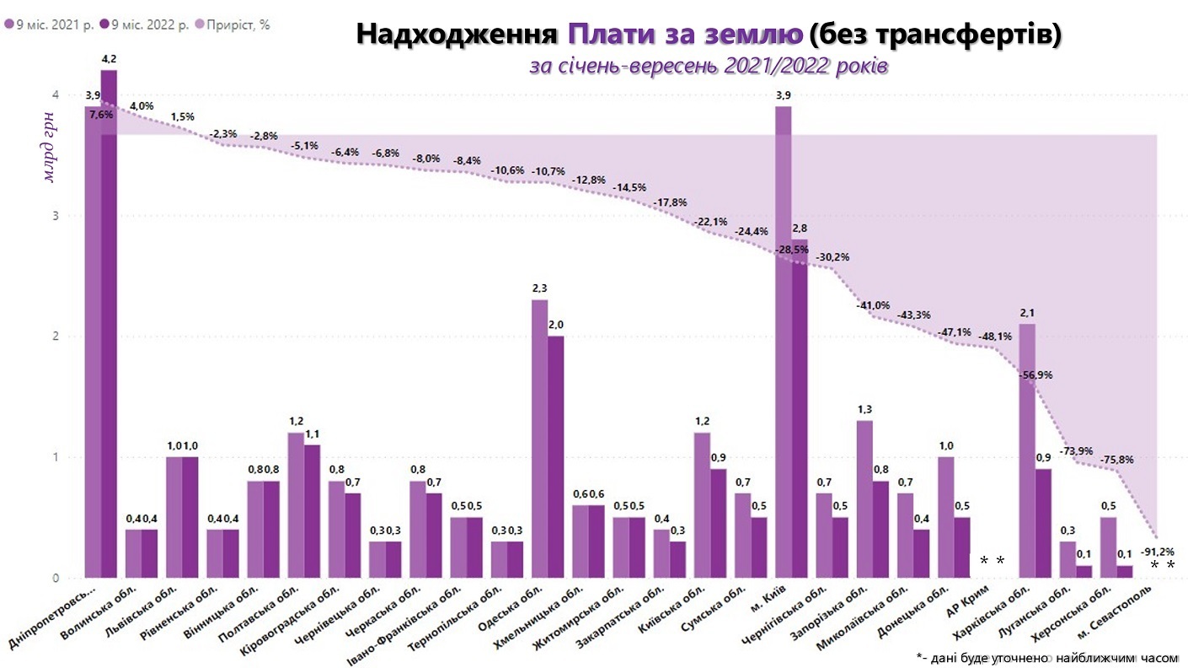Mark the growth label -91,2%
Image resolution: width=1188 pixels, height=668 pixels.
[1157, 551]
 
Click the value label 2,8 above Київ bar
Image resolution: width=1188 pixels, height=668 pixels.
[799, 229]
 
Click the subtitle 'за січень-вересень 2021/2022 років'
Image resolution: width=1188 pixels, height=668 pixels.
[707, 66]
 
